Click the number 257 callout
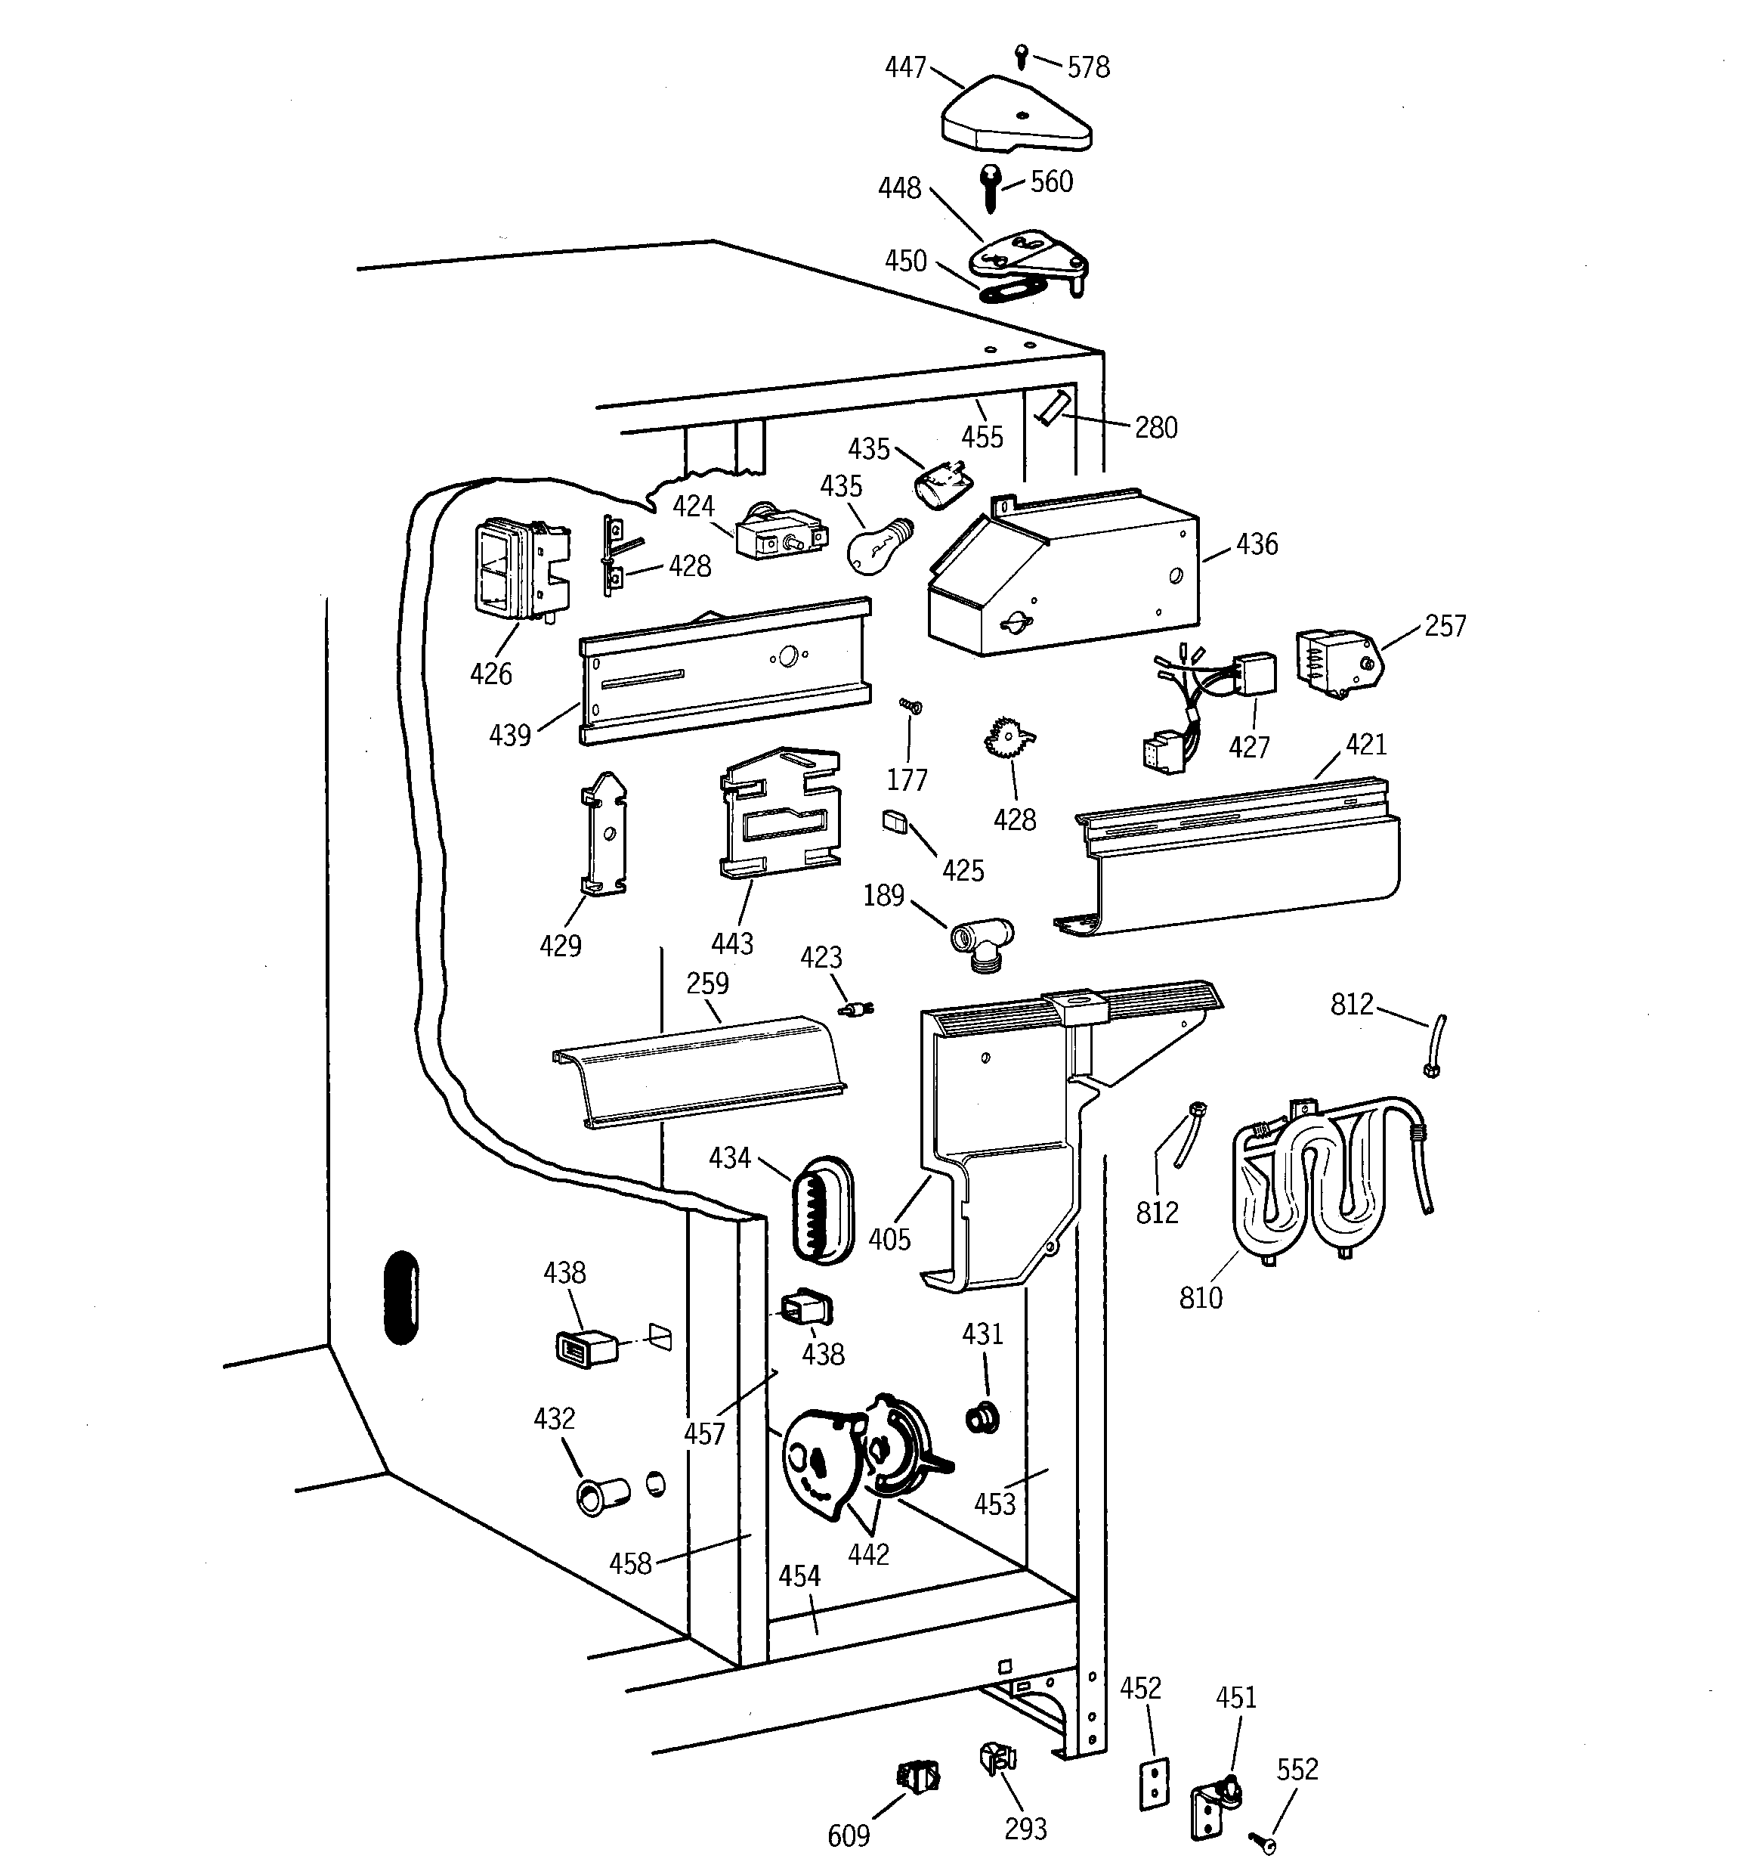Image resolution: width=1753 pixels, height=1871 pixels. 1445,626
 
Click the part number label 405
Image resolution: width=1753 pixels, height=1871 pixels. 889,1238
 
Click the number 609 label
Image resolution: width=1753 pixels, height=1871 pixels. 848,1834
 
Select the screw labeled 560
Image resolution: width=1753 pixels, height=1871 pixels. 991,187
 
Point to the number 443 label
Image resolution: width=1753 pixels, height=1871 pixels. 732,943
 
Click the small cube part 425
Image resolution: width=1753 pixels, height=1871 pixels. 894,822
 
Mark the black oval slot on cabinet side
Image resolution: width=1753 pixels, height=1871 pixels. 402,1297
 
